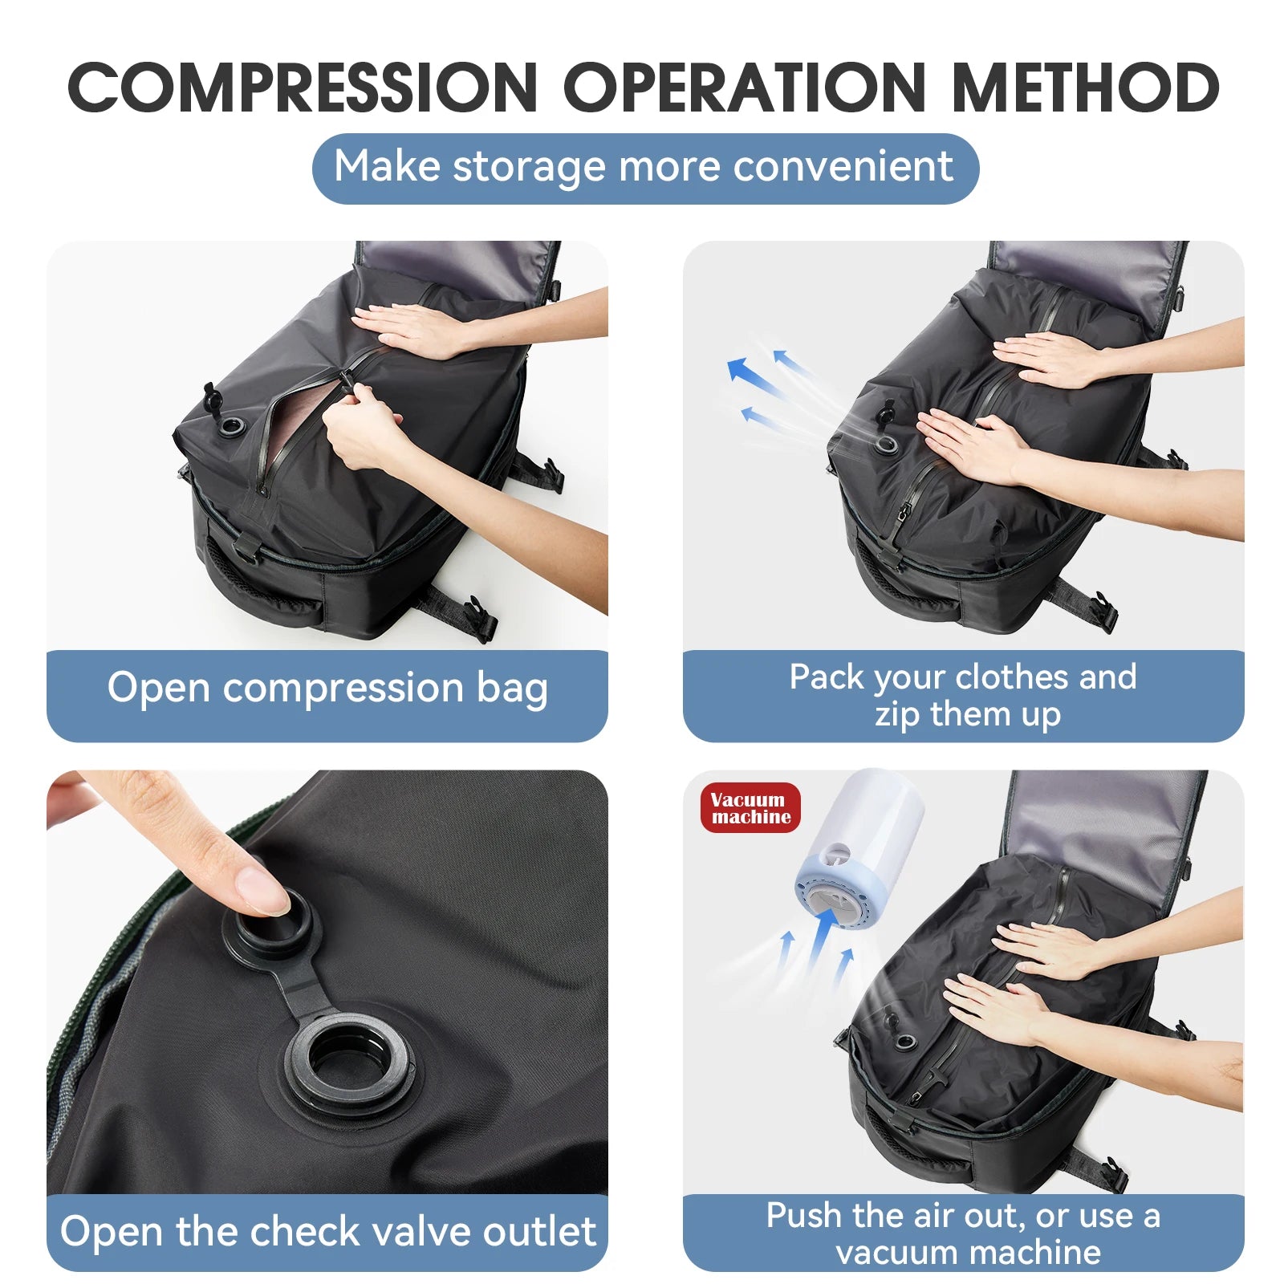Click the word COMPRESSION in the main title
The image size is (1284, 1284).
(303, 87)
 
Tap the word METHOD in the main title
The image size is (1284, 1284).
(1085, 87)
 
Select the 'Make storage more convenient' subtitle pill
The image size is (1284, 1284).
(645, 168)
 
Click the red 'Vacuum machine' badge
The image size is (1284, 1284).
(750, 808)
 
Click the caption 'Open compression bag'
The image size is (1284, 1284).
(327, 689)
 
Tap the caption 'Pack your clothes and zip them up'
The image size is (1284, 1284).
(963, 695)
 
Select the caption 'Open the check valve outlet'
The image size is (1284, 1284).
(327, 1232)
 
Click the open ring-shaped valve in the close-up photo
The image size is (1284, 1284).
(350, 1060)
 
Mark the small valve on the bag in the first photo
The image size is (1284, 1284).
(236, 425)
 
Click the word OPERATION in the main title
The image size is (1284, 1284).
(745, 87)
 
